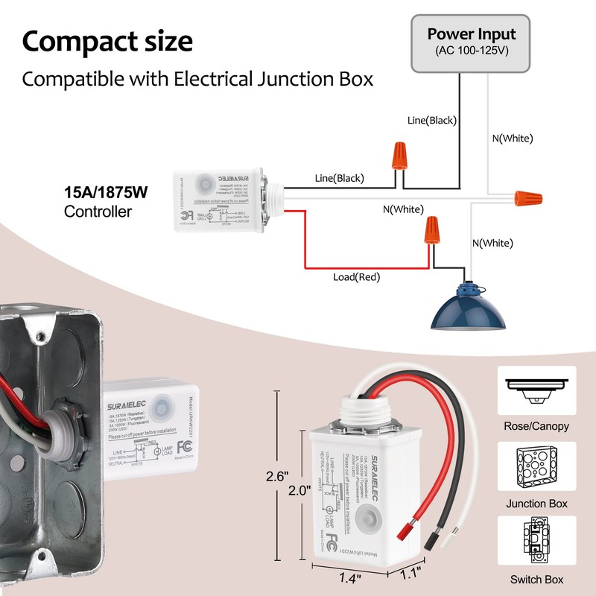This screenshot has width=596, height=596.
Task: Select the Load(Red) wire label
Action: pos(356,278)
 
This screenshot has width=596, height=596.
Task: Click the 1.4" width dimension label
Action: pos(346,577)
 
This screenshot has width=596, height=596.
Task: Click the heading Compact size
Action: pos(107,41)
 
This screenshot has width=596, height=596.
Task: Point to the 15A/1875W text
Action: pos(106,193)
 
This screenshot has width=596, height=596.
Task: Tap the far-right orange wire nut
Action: pos(527,197)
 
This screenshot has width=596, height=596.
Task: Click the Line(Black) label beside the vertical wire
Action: pos(432,120)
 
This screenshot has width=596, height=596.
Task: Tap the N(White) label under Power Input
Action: pos(513,138)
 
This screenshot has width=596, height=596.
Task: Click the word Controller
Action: pos(98,212)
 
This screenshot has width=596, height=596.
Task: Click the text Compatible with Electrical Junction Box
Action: pos(197,78)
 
